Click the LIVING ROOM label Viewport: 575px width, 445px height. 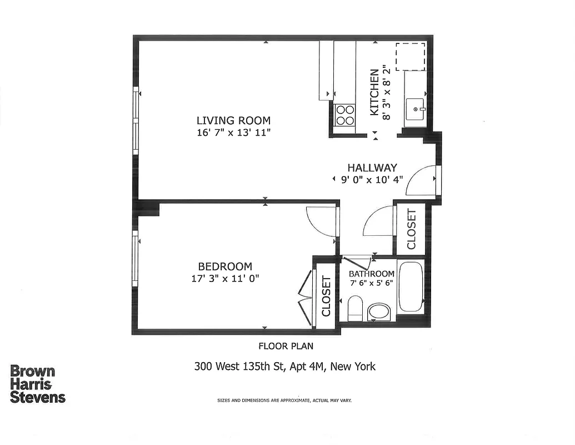(x=233, y=120)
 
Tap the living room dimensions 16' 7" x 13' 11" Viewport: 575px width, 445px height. (x=233, y=132)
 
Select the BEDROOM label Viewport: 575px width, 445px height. (x=225, y=266)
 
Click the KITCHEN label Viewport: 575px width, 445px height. (x=375, y=92)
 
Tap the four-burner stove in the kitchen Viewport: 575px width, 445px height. (x=345, y=115)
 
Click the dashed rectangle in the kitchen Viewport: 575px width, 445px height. (x=410, y=57)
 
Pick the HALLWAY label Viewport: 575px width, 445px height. (x=372, y=167)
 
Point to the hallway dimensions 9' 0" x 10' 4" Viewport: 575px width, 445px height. (x=372, y=180)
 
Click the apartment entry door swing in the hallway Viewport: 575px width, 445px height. (x=421, y=181)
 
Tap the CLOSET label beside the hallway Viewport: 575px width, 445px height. (x=411, y=229)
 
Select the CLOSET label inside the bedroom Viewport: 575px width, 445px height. (x=326, y=296)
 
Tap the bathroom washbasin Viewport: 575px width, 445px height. (x=380, y=311)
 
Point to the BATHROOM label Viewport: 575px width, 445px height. (x=372, y=274)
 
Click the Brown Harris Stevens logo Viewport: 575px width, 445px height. (x=38, y=384)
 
